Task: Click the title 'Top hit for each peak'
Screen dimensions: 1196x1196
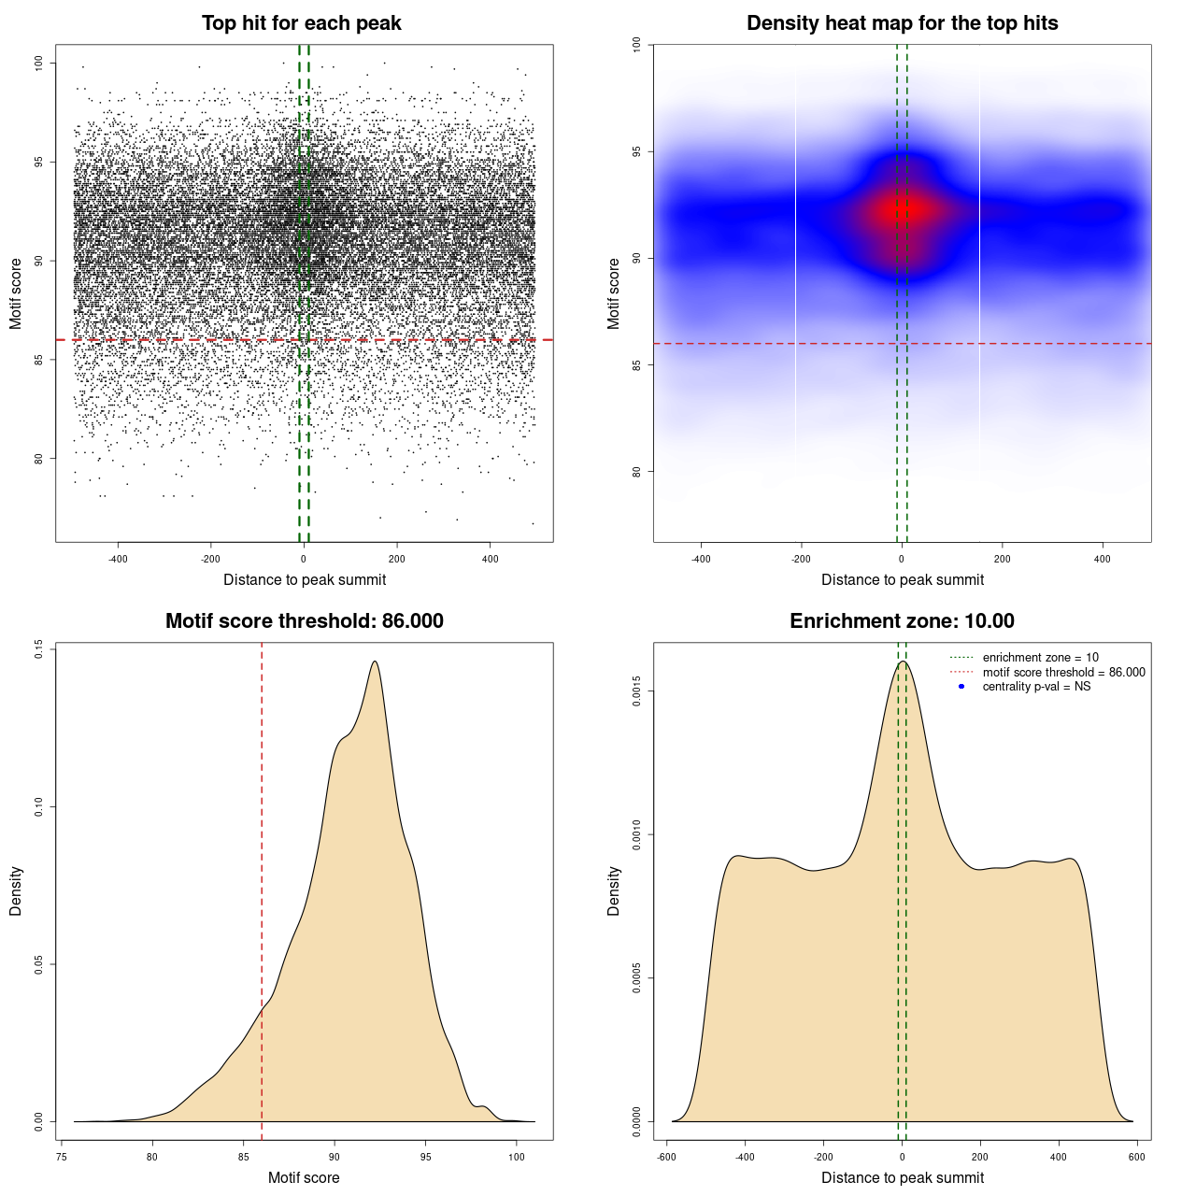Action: [301, 23]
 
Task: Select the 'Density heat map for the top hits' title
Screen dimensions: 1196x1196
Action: [902, 23]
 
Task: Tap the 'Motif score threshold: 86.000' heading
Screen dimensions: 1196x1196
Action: [304, 621]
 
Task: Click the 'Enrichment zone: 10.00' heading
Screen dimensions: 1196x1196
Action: [902, 621]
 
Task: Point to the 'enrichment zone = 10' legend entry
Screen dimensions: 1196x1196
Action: [1040, 658]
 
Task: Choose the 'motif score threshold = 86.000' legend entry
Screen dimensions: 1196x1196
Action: [1063, 672]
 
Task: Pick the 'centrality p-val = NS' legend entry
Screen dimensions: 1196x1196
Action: [1036, 687]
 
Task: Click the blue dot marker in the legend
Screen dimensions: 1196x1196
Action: [961, 687]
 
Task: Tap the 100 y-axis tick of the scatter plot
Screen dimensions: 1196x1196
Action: [39, 63]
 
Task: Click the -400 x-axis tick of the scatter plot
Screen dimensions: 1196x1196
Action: [118, 559]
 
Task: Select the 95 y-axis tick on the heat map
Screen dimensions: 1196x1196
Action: [636, 151]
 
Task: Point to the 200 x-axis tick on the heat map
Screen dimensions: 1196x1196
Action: [1002, 559]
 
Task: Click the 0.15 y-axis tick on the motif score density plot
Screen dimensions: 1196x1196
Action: [39, 648]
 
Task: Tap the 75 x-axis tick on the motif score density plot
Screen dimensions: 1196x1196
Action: [62, 1157]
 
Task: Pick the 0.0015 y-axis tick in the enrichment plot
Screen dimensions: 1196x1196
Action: [636, 691]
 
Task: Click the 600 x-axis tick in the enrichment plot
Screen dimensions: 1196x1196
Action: [1136, 1157]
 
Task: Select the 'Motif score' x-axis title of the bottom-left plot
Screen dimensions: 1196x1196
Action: [304, 1177]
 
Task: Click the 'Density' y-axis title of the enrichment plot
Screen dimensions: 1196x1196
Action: [614, 890]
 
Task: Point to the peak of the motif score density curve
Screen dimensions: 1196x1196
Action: [375, 662]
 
